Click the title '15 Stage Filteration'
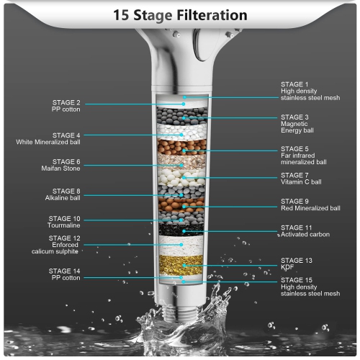pyautogui.click(x=180, y=15)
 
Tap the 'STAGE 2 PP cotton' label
pyautogui.click(x=66, y=106)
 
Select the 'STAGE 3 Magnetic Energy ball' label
pyautogui.click(x=297, y=124)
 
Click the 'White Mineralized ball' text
pyautogui.click(x=48, y=142)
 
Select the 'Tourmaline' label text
pyautogui.click(x=64, y=225)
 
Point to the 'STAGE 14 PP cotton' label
pyautogui.click(x=64, y=274)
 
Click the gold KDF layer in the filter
pyautogui.click(x=181, y=265)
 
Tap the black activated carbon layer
pyautogui.click(x=181, y=230)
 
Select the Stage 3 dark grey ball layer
pyautogui.click(x=182, y=116)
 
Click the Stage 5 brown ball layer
pyautogui.click(x=181, y=147)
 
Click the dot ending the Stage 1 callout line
pyautogui.click(x=184, y=97)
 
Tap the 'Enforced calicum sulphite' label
pyautogui.click(x=55, y=245)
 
